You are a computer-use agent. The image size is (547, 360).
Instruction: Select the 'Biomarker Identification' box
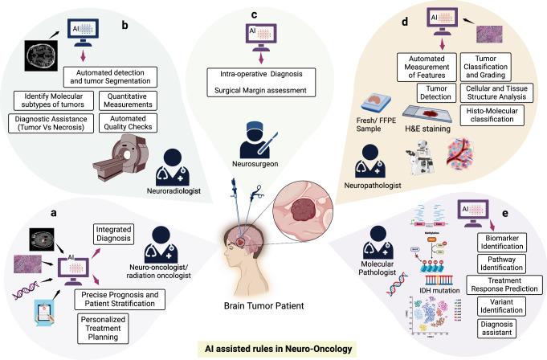click(x=497, y=244)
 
